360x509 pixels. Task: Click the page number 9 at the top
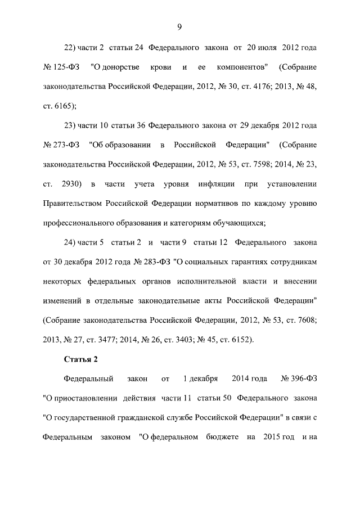click(x=179, y=26)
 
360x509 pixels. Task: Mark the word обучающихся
click(x=236, y=222)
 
